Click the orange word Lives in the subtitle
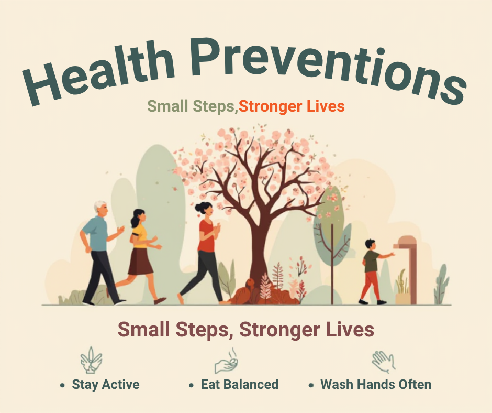click(x=326, y=106)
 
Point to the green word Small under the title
click(x=167, y=106)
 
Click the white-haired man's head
click(x=101, y=209)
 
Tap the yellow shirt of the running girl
click(x=140, y=236)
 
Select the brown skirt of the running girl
click(x=140, y=262)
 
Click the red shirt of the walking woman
click(x=207, y=236)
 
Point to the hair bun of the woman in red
click(x=198, y=208)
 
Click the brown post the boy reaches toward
click(x=409, y=270)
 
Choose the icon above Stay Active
click(x=91, y=360)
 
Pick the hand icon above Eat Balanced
click(x=226, y=362)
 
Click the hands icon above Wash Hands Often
click(x=384, y=362)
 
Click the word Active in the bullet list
click(x=121, y=384)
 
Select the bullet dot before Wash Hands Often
click(x=311, y=385)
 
